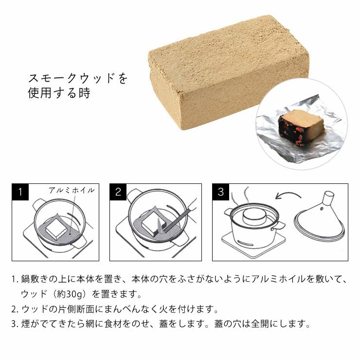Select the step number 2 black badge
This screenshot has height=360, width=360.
click(118, 192)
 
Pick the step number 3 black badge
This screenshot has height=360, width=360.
click(221, 192)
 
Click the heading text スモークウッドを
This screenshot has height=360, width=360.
click(78, 78)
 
